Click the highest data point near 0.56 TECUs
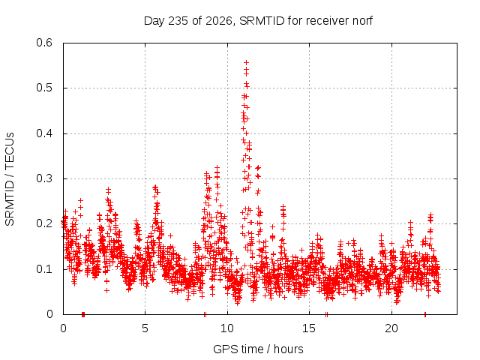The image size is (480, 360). point(246,63)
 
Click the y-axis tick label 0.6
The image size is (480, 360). point(44,43)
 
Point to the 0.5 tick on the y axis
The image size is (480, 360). point(44,88)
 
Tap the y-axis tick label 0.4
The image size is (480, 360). point(44,133)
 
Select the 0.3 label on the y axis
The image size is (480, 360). point(44,178)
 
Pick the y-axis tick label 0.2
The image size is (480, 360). point(44,223)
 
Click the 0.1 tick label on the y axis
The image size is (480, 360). point(44,269)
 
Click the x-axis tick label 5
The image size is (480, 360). point(145,328)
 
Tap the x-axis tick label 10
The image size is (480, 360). point(227,328)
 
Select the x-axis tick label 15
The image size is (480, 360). point(309,328)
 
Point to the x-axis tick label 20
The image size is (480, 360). point(391,328)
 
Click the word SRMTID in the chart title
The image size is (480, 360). point(262,21)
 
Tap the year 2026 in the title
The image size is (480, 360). point(218,21)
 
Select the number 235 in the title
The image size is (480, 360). point(178,21)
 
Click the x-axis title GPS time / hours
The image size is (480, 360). point(258,349)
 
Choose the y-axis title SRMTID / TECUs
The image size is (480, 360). point(10,179)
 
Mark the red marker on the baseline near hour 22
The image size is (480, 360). point(425,314)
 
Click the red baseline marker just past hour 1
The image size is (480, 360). point(83,314)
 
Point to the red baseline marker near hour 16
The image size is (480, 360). point(326,314)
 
